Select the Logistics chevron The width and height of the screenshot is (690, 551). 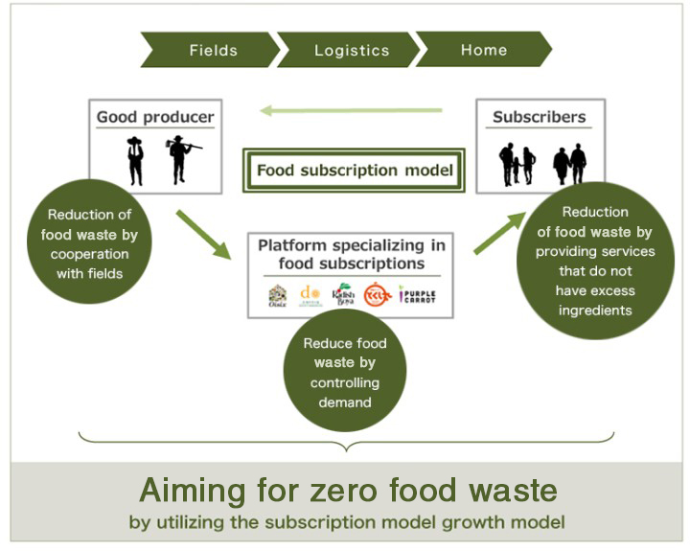(350, 50)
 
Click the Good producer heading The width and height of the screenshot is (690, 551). (155, 118)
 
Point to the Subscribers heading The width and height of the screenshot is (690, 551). (539, 118)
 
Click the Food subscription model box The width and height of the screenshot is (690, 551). (354, 172)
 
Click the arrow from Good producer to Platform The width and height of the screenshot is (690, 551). (203, 233)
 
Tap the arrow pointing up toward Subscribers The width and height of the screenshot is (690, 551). (499, 233)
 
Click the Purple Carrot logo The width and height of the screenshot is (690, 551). (417, 294)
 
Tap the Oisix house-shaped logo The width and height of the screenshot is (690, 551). (277, 294)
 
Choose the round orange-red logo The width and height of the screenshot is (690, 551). (377, 294)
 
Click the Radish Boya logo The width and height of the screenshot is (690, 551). (343, 293)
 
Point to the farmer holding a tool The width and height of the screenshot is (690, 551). (179, 159)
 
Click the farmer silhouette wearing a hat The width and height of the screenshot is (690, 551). (135, 160)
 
